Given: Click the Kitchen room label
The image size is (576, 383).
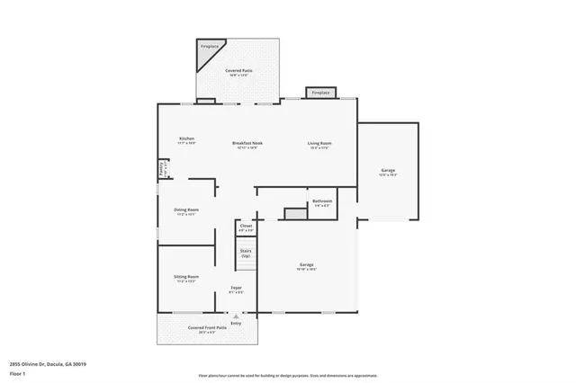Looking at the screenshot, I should (x=186, y=138).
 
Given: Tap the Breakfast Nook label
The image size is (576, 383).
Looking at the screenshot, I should (x=247, y=143).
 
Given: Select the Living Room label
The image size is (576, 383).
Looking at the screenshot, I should (x=319, y=143).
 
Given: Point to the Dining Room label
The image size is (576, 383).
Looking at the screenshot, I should (x=186, y=209).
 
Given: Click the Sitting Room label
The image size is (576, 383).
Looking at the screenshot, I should (x=186, y=276).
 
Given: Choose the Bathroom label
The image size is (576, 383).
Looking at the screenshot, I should (x=321, y=200).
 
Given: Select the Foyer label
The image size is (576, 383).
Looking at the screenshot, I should (x=235, y=288).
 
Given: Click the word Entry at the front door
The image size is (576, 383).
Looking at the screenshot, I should (x=236, y=324).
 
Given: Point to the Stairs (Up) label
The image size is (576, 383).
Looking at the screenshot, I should (x=245, y=253).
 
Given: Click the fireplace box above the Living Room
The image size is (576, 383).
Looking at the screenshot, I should (x=321, y=93).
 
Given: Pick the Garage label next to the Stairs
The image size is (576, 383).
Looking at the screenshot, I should (x=308, y=264).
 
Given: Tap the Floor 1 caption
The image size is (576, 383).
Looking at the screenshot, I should (x=17, y=373).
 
